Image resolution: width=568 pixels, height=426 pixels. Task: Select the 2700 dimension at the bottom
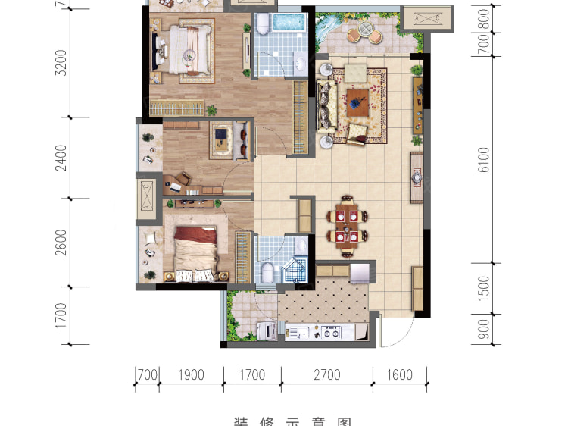tap(327, 374)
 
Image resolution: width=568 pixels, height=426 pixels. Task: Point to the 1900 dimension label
tap(192, 374)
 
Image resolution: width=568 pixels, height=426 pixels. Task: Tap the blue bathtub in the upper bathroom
tap(287, 22)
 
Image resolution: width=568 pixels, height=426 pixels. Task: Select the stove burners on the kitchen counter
tap(332, 331)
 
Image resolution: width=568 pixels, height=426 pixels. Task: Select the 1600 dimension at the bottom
tap(399, 374)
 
